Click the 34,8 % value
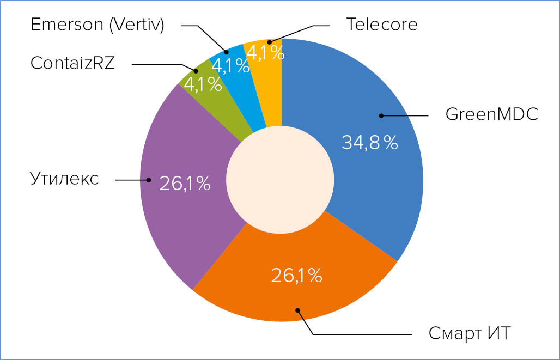(369, 143)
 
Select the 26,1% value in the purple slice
(185, 184)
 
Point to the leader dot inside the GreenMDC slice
(381, 115)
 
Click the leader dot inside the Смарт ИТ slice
(297, 310)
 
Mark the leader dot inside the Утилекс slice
(148, 179)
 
